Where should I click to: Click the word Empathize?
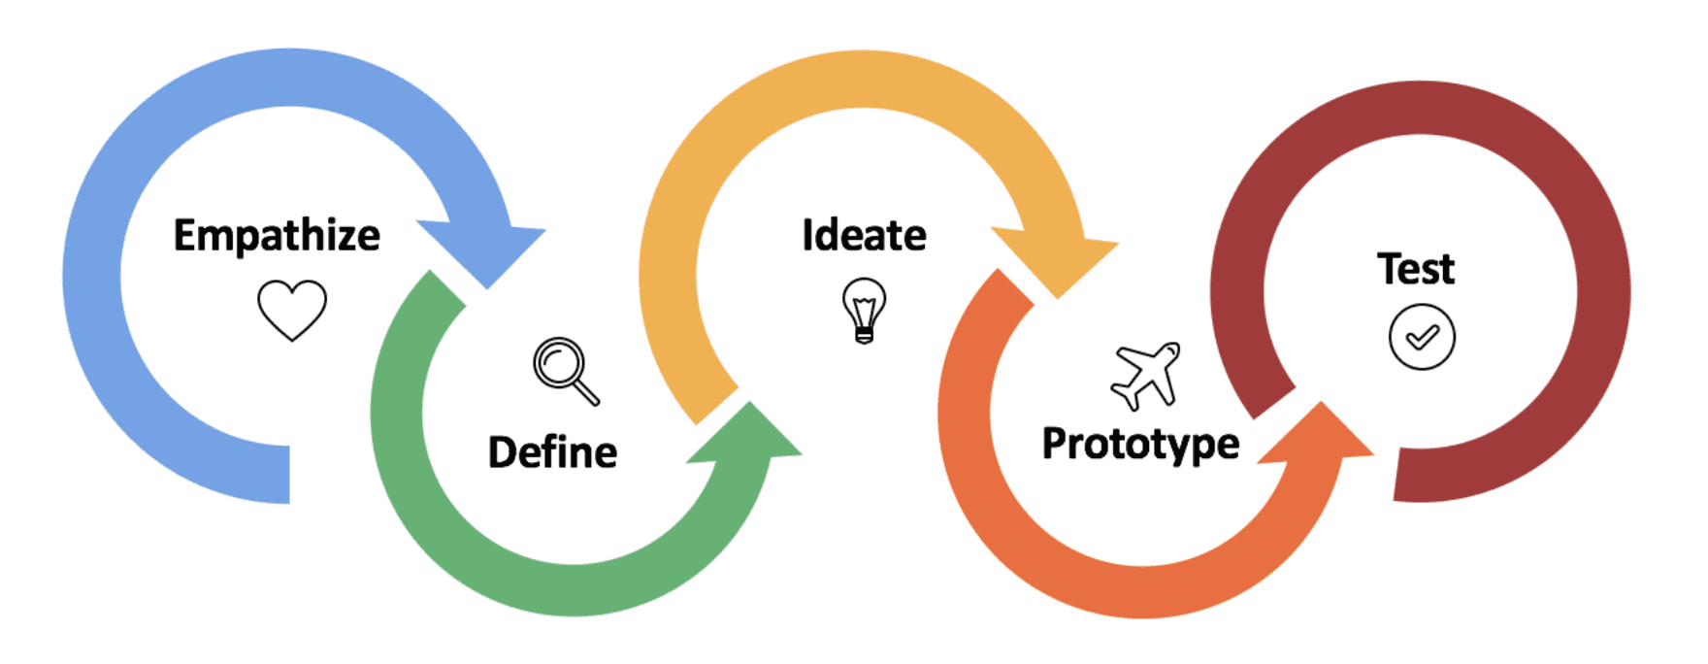point(277,236)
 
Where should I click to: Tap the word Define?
point(552,452)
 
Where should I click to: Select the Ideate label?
point(864,236)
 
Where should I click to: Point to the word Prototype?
point(1140,444)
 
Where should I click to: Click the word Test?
point(1416,269)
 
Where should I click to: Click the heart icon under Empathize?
point(292,310)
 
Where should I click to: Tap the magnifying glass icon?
point(566,370)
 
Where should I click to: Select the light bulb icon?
point(864,310)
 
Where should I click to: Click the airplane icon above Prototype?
point(1146,375)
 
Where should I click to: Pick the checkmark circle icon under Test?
point(1422,337)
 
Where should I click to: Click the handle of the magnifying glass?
point(585,391)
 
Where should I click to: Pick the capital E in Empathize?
point(184,236)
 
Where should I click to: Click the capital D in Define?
point(502,452)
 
